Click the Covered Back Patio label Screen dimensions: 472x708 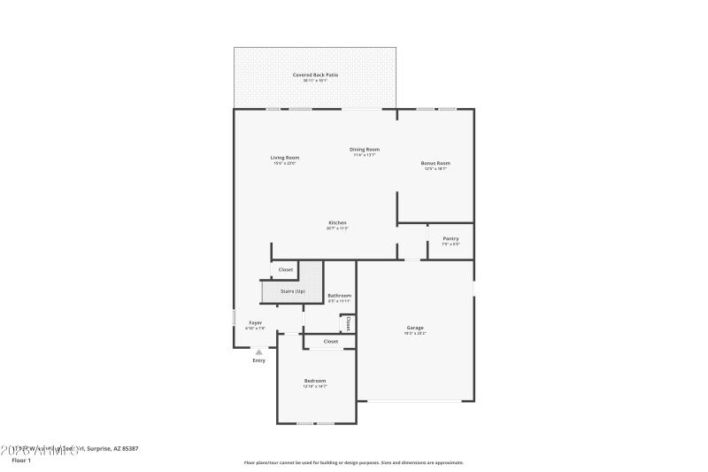click(x=316, y=75)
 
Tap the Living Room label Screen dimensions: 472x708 click(x=284, y=158)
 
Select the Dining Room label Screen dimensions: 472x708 click(x=365, y=150)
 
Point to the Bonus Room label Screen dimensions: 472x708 click(x=435, y=163)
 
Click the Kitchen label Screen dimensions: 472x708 click(x=337, y=222)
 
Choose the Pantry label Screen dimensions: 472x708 click(x=450, y=239)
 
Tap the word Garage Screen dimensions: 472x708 click(x=415, y=328)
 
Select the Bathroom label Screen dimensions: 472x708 click(x=339, y=295)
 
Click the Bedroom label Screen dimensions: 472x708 click(x=315, y=381)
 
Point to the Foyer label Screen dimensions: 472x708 click(x=255, y=322)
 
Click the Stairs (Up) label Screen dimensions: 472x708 click(x=293, y=291)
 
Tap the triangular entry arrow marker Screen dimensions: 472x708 click(x=258, y=352)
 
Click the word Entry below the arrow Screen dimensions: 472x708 click(x=258, y=360)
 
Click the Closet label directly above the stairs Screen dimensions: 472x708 click(x=286, y=269)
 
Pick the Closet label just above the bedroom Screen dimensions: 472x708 click(x=330, y=341)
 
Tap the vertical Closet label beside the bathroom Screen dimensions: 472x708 click(x=349, y=324)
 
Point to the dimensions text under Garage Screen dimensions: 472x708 click(x=415, y=333)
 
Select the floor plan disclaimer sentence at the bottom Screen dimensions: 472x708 click(x=353, y=462)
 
